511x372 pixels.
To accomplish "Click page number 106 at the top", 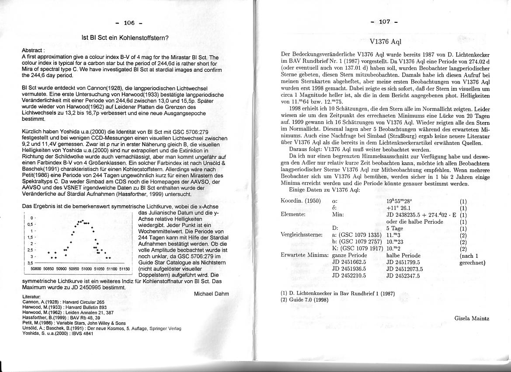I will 129,23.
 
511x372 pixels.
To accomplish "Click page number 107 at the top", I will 383,22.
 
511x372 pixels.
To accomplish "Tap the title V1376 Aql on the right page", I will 385,42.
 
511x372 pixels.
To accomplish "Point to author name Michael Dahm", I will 212,294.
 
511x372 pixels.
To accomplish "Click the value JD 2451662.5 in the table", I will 349,262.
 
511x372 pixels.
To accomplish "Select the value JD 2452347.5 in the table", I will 403,276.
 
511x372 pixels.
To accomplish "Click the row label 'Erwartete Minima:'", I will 304,255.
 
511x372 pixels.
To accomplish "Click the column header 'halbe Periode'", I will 403,255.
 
